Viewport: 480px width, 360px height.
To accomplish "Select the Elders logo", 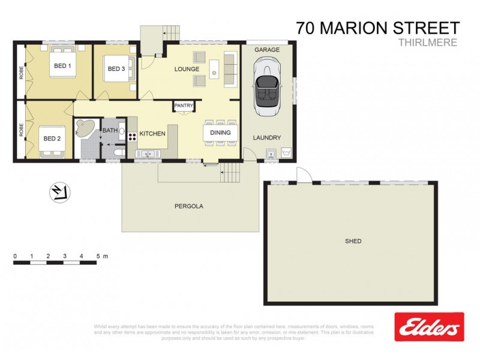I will (429, 327).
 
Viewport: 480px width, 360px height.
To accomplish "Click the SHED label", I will (353, 241).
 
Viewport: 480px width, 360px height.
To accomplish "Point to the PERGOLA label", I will (189, 206).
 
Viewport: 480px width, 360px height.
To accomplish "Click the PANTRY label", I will (184, 106).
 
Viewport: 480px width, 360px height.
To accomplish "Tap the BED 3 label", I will (116, 69).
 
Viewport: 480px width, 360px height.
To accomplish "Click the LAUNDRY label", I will (266, 137).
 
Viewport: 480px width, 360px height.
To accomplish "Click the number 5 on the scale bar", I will (97, 256).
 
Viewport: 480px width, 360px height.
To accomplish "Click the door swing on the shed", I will (304, 175).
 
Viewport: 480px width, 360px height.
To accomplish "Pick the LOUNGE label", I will (187, 69).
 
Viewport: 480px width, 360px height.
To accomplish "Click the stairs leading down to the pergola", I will (230, 174).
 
